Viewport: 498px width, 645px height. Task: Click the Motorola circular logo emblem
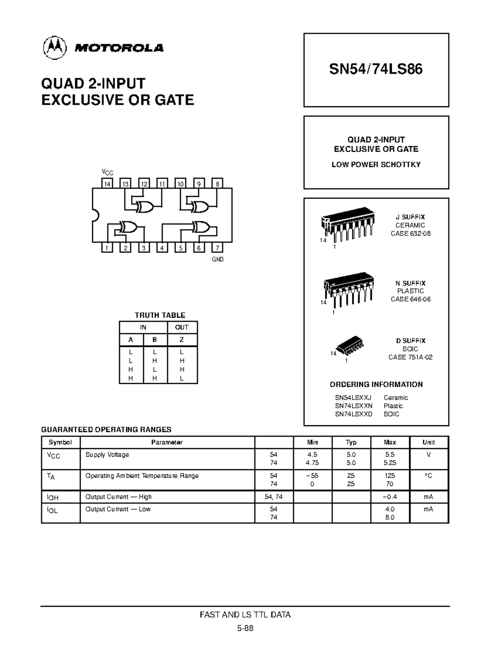[54, 48]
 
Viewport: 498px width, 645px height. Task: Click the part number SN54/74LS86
[376, 69]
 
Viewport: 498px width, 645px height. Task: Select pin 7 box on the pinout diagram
[217, 248]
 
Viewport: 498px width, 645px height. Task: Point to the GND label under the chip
[218, 260]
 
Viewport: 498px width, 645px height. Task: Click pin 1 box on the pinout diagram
[107, 248]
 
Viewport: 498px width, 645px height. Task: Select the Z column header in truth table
[182, 340]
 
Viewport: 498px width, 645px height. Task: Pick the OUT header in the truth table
[182, 327]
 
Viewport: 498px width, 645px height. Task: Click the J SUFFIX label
[410, 217]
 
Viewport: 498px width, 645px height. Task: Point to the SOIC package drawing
[350, 345]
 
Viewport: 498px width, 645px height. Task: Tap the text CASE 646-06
[410, 299]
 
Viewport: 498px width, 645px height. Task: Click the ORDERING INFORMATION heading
[376, 385]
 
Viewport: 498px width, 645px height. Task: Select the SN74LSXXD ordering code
[354, 414]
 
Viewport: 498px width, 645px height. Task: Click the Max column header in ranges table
[390, 442]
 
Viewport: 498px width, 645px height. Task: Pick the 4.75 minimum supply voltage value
[312, 463]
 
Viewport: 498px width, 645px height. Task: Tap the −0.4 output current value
[390, 497]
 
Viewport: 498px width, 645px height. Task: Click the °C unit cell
[429, 476]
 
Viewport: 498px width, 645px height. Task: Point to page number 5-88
[245, 628]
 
